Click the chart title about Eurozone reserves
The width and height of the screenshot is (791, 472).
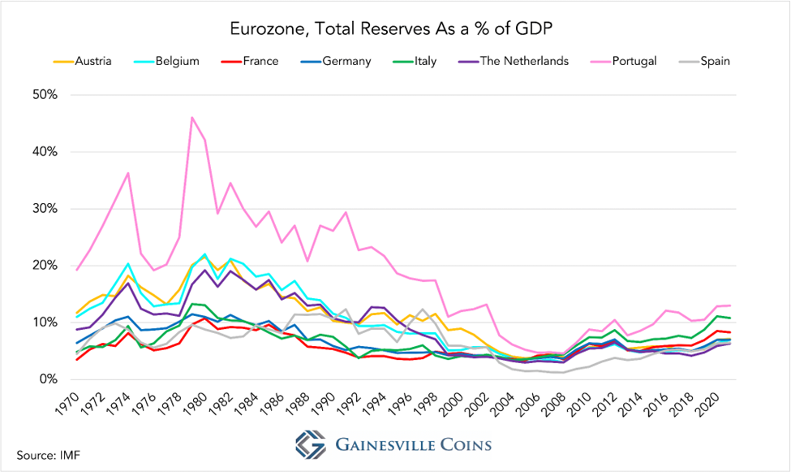395,29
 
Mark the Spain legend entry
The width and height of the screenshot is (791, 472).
711,61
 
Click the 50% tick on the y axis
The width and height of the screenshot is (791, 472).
44,95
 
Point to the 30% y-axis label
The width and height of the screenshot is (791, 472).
44,209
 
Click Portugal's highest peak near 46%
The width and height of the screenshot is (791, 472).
192,117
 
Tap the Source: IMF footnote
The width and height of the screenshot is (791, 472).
48,453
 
